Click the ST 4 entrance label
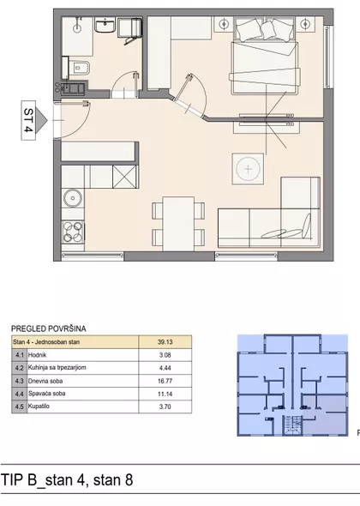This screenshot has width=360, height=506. point(28,120)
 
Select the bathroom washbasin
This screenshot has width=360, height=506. point(105,25)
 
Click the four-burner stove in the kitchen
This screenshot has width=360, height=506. point(73,232)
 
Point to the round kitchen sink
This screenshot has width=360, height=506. point(73,198)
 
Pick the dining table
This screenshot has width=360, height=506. point(178,223)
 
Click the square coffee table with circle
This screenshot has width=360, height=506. point(248,169)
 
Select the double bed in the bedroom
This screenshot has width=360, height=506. point(265,56)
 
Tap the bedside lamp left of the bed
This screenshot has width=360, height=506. point(224,24)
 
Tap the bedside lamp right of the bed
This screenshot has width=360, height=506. point(305,24)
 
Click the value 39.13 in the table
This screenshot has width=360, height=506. point(165,341)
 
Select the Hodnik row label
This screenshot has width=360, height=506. point(37,355)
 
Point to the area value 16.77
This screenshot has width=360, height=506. point(165,381)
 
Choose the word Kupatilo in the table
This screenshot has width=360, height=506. point(39,407)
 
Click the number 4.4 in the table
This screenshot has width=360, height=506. point(20,394)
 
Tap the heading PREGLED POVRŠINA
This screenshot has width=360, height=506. point(49,328)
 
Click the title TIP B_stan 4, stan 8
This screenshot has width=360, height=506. point(67,480)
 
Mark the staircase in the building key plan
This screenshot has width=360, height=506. point(292,425)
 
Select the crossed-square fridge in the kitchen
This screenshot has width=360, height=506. point(124,177)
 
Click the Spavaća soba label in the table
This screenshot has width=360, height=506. point(47,394)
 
